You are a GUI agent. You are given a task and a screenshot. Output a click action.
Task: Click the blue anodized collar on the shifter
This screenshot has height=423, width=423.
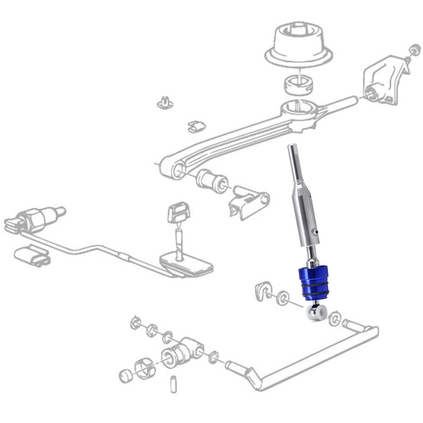(x=313, y=283)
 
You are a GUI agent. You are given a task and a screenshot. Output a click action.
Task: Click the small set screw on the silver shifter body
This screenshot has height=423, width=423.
(x=316, y=232)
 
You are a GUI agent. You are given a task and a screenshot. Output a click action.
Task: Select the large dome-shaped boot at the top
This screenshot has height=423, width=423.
(x=299, y=45)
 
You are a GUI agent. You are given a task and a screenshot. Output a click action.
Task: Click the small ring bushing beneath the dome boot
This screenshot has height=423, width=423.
(x=298, y=84)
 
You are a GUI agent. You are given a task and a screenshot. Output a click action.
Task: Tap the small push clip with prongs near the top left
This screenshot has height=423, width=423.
(x=165, y=103)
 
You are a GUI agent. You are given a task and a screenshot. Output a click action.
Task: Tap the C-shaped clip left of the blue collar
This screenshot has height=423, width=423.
(x=263, y=290)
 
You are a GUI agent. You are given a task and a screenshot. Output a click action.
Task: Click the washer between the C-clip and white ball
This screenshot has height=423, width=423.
(x=283, y=297)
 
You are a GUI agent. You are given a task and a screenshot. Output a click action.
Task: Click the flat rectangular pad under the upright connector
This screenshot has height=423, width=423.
(x=187, y=265)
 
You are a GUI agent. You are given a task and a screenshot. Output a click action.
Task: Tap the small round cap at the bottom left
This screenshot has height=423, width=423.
(x=126, y=376)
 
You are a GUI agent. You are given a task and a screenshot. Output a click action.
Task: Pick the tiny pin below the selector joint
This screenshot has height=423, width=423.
(x=173, y=384)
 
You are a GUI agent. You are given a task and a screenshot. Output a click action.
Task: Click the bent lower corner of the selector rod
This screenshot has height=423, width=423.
(x=253, y=378)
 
